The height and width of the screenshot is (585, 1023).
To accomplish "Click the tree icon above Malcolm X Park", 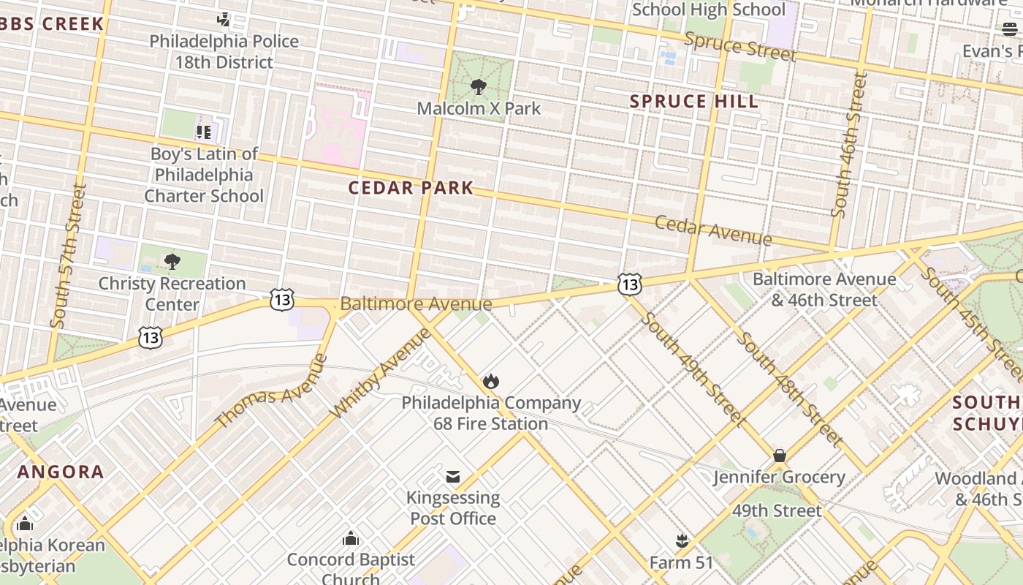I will (479, 87).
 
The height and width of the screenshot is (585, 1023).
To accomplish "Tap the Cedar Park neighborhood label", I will (411, 188).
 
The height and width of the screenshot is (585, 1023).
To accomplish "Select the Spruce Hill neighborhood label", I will (694, 102).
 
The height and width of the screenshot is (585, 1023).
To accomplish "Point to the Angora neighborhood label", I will (61, 472).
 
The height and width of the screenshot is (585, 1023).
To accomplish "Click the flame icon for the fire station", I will (490, 382).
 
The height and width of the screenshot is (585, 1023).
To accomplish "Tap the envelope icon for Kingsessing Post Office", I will (453, 477).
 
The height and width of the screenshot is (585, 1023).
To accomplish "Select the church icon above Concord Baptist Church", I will (351, 539).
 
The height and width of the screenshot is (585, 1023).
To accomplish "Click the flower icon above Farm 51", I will (682, 542).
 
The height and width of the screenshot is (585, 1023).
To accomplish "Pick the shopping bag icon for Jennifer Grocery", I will (780, 456).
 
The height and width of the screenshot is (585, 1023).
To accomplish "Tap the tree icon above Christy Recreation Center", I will (172, 262).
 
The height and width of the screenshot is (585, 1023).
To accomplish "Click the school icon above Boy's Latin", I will (203, 132).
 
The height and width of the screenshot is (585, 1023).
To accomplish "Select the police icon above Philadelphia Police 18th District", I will (224, 20).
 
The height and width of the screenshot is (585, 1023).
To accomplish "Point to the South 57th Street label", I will (69, 255).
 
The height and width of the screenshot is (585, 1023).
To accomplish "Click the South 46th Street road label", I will (849, 146).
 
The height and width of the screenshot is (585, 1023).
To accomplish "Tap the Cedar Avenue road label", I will (712, 230).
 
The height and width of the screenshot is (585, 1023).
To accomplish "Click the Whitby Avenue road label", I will (381, 373).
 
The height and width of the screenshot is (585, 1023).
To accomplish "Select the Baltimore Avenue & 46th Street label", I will (824, 290).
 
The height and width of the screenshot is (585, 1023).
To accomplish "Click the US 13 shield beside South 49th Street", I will (629, 284).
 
